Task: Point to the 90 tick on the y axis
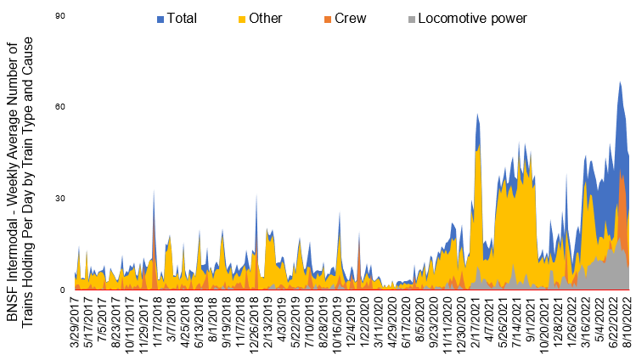click(61, 16)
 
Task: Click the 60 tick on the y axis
click(61, 107)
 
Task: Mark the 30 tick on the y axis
click(61, 199)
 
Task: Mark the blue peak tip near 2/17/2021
click(478, 114)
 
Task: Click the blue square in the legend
click(162, 17)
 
